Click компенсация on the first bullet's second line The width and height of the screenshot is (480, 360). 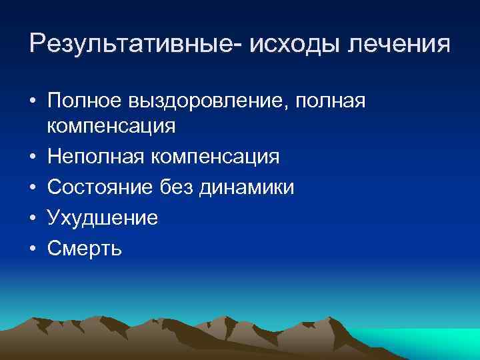click(x=111, y=125)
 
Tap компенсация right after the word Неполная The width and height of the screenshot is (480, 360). click(x=216, y=157)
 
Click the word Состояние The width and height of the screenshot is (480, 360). click(x=99, y=187)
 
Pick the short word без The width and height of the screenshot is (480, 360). click(x=177, y=187)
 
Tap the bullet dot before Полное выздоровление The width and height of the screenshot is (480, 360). click(x=33, y=101)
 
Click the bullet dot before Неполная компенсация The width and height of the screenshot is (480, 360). click(x=33, y=157)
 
